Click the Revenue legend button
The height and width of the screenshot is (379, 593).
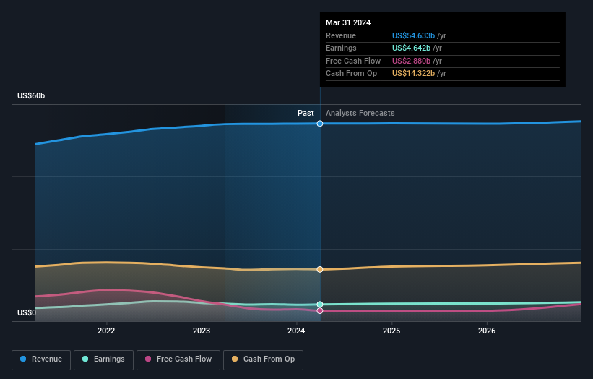(x=42, y=359)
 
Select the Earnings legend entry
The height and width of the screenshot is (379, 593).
(x=103, y=359)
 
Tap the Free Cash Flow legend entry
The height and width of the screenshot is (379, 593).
(x=178, y=359)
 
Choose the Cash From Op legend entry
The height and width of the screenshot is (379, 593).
(x=264, y=359)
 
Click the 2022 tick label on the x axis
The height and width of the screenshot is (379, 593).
(x=106, y=331)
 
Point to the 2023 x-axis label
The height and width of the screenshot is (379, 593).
(x=202, y=331)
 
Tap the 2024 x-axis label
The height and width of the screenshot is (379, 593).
(x=296, y=331)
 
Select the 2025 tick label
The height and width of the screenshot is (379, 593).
(x=391, y=331)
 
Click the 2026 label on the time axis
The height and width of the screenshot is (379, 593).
(x=487, y=331)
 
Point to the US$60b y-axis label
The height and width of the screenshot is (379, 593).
(x=31, y=96)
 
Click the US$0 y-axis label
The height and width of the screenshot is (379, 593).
(x=27, y=313)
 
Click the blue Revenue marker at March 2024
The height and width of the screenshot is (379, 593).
(x=320, y=124)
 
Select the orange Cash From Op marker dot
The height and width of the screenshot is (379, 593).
(x=320, y=269)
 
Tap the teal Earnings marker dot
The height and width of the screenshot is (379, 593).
(x=320, y=305)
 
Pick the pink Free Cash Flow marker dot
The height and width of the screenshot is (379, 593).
(x=320, y=311)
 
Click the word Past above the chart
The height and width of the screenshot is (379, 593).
(x=306, y=113)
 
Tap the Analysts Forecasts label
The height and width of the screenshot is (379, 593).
(x=360, y=113)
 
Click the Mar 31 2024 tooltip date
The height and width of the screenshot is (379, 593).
(x=348, y=22)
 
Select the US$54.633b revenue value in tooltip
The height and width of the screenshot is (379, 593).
(x=414, y=35)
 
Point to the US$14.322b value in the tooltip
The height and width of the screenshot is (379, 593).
(x=414, y=73)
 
